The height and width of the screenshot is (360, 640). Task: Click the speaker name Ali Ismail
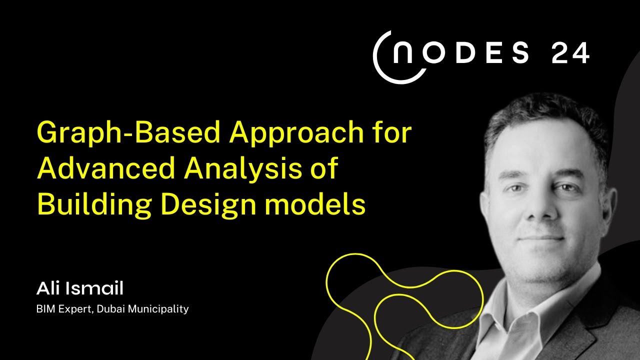click(79, 288)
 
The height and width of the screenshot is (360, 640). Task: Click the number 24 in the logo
click(570, 53)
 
